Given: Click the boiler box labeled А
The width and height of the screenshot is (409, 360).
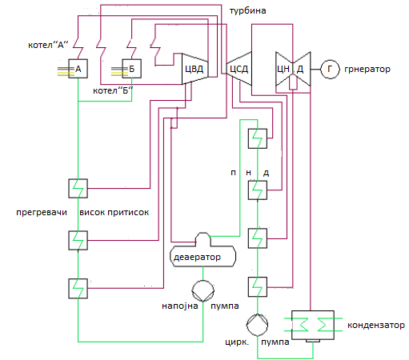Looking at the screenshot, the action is tap(78, 69).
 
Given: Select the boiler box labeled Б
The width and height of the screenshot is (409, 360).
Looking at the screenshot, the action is tap(131, 69).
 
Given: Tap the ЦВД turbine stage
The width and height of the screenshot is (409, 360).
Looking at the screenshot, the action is tap(195, 69).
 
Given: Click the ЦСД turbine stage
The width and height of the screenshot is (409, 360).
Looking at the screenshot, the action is tap(239, 69).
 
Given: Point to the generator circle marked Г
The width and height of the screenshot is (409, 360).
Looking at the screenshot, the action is tap(330, 69).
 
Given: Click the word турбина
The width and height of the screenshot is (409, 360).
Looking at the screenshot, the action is tap(247, 10).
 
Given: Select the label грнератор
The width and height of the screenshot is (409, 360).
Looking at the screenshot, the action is tap(367, 69).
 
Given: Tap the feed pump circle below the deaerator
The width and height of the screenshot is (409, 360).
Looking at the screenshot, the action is tap(202, 290).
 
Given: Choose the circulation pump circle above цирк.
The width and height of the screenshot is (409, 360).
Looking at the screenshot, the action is tap(257, 325).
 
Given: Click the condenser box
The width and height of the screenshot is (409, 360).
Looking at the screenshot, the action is tap(313, 326).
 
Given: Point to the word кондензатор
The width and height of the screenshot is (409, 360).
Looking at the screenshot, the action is tap(376, 325).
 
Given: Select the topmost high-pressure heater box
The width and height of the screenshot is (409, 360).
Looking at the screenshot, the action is tap(78, 188).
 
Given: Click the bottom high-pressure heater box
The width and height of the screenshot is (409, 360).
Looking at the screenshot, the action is tap(78, 288).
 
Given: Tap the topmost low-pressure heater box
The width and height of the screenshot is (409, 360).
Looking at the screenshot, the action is tap(258, 138).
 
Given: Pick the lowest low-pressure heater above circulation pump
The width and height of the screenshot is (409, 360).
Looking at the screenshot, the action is tap(258, 287).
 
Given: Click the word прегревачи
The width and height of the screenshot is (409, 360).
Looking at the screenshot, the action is tap(42, 213).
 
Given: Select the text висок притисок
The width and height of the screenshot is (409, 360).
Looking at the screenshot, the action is tap(114, 213).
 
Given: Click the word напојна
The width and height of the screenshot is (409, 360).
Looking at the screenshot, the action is tap(180, 306).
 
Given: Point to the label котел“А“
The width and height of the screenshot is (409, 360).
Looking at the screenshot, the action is tap(48, 45).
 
